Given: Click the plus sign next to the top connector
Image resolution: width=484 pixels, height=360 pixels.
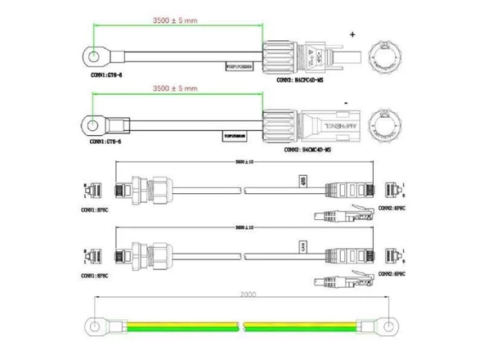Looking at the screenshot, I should (x=353, y=34).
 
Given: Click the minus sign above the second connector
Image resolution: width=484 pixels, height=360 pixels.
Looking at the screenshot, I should (x=347, y=102).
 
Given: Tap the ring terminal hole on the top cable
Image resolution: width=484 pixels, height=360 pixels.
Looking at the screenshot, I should (x=95, y=56).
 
